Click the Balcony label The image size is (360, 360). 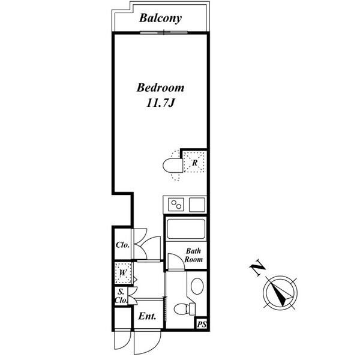(x=160, y=18)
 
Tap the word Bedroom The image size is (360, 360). (x=160, y=88)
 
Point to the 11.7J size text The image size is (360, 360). (x=160, y=103)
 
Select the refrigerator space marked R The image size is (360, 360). (x=194, y=161)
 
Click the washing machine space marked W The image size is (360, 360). (x=123, y=273)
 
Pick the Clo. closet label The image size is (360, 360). (x=122, y=245)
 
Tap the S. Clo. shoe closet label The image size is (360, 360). (x=121, y=296)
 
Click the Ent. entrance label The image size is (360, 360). (x=147, y=316)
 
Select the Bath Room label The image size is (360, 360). (x=194, y=255)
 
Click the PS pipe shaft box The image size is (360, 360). (x=202, y=325)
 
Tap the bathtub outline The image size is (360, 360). (x=186, y=229)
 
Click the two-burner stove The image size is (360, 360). (x=176, y=205)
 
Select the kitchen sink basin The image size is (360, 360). (x=197, y=205)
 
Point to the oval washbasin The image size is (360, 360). (x=197, y=286)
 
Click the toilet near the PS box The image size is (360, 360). (x=185, y=309)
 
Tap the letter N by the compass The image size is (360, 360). (x=257, y=267)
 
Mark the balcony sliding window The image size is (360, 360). (x=164, y=32)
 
